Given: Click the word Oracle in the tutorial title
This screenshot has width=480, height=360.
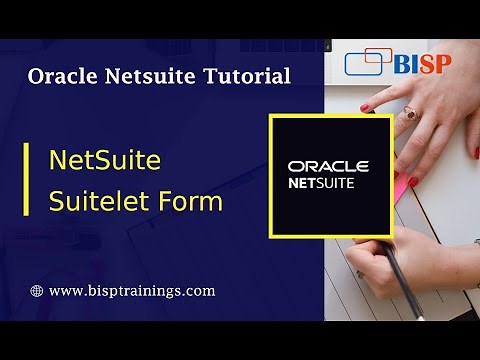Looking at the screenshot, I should click(x=63, y=76).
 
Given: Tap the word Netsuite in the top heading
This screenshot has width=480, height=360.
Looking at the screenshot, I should click(x=151, y=76).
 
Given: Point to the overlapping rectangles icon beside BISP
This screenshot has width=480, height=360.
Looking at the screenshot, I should click(x=366, y=63).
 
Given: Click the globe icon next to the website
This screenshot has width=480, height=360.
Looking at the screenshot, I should click(x=37, y=291).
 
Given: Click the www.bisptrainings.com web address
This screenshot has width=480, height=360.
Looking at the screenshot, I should click(x=131, y=291).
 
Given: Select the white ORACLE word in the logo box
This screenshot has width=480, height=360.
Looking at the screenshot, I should click(x=328, y=166).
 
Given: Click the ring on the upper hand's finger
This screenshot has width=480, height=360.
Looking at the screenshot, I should click(x=410, y=115).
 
